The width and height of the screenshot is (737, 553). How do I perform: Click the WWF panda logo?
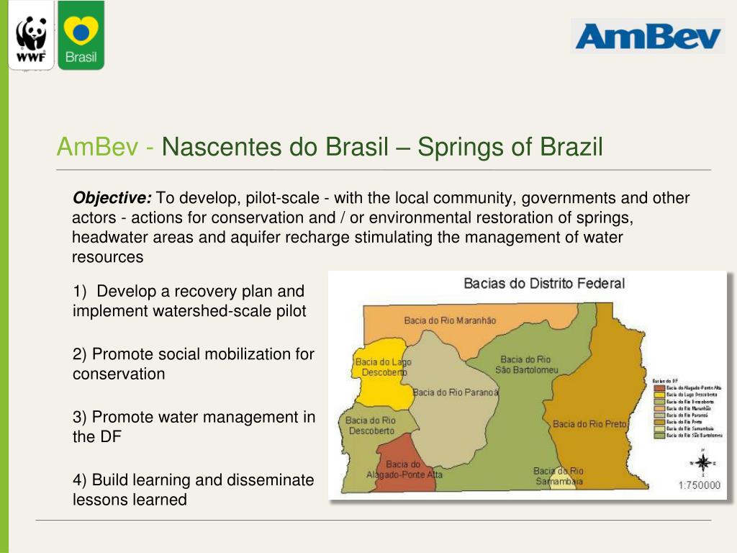click(x=31, y=36)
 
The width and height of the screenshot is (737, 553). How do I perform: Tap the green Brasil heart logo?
click(x=81, y=35)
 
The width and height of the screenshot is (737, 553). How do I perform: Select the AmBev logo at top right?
click(x=647, y=36)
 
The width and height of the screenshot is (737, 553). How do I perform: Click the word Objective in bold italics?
click(x=112, y=198)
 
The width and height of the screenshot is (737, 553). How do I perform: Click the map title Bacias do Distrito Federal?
click(x=543, y=284)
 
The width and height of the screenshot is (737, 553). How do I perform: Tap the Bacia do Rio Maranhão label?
click(x=450, y=320)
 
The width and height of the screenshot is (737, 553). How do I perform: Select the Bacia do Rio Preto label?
click(x=589, y=424)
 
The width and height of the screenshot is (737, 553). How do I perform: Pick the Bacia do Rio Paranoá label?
click(x=456, y=392)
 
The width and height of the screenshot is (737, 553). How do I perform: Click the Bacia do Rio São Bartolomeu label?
click(x=526, y=364)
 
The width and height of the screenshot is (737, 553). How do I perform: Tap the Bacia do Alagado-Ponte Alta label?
click(x=404, y=469)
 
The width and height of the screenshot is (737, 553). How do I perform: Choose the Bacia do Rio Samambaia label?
click(x=559, y=476)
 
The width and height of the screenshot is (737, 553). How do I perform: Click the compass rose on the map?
click(x=702, y=462)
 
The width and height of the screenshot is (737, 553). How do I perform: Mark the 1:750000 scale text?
click(x=699, y=486)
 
